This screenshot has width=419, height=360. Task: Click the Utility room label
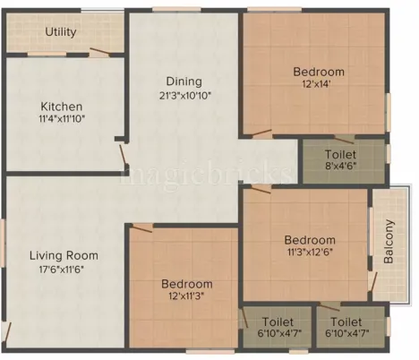(x=61, y=32)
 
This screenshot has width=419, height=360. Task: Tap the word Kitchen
(x=61, y=105)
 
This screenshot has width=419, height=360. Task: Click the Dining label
(x=183, y=81)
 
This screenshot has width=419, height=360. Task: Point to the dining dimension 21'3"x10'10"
(x=183, y=95)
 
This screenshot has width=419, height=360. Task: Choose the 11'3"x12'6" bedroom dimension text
(x=310, y=253)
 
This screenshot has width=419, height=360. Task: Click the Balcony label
(x=389, y=241)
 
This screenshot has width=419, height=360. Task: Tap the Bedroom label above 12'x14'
(x=320, y=72)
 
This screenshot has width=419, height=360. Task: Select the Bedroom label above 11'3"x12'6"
(x=310, y=240)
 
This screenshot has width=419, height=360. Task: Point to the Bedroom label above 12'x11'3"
(x=187, y=284)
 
